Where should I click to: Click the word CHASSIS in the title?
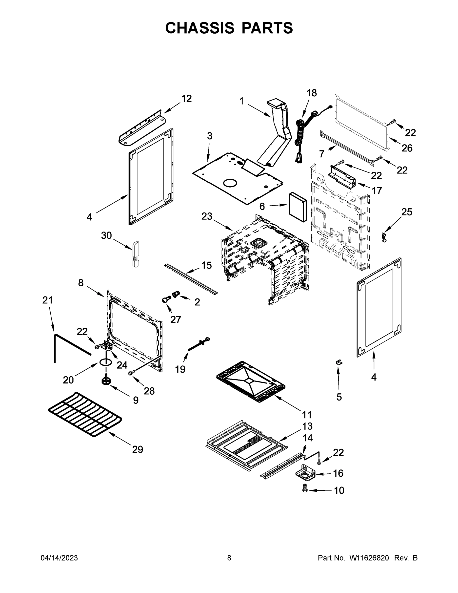(x=200, y=28)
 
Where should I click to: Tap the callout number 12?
(x=186, y=99)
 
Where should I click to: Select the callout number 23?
(x=207, y=216)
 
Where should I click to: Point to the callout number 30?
(x=106, y=235)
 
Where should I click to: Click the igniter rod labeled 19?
(x=198, y=345)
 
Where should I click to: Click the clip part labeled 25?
(x=384, y=237)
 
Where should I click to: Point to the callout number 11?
(x=307, y=415)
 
